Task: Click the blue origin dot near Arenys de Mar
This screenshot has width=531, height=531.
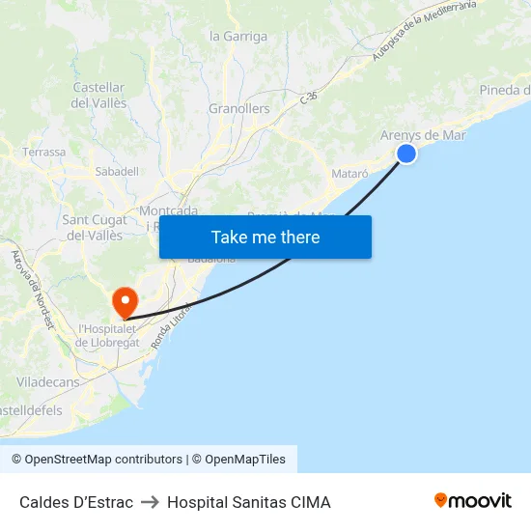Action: [x=406, y=154]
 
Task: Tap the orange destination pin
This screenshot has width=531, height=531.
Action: [x=126, y=303]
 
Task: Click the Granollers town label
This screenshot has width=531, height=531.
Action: [x=239, y=109]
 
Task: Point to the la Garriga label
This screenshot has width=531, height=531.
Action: [x=238, y=37]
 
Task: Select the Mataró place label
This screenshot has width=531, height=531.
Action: [x=349, y=173]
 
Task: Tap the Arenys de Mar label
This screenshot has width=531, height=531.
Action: [x=423, y=135]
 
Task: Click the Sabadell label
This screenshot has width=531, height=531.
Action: [x=117, y=171]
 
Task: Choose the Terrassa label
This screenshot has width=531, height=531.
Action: [x=44, y=153]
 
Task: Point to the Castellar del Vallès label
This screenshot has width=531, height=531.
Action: [x=98, y=95]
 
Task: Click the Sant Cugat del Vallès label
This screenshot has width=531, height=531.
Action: [x=93, y=227]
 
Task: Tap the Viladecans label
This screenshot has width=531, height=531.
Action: [x=47, y=382]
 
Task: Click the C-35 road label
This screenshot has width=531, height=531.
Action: [x=308, y=98]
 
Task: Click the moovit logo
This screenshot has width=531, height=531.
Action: [x=472, y=501]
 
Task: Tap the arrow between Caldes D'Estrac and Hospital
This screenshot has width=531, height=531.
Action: [x=150, y=502]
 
